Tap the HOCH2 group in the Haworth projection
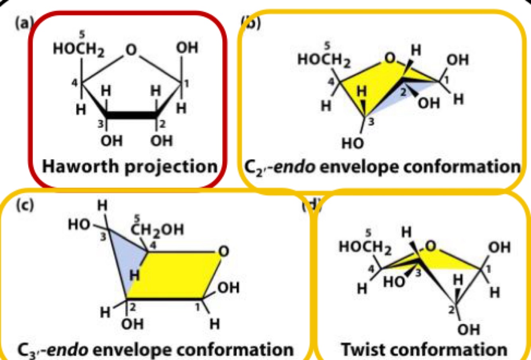pyautogui.click(x=79, y=50)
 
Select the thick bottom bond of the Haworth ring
pyautogui.click(x=131, y=115)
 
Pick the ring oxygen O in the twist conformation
pyautogui.click(x=430, y=247)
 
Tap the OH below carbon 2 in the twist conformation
pyautogui.click(x=469, y=330)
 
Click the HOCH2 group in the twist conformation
pyautogui.click(x=365, y=247)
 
